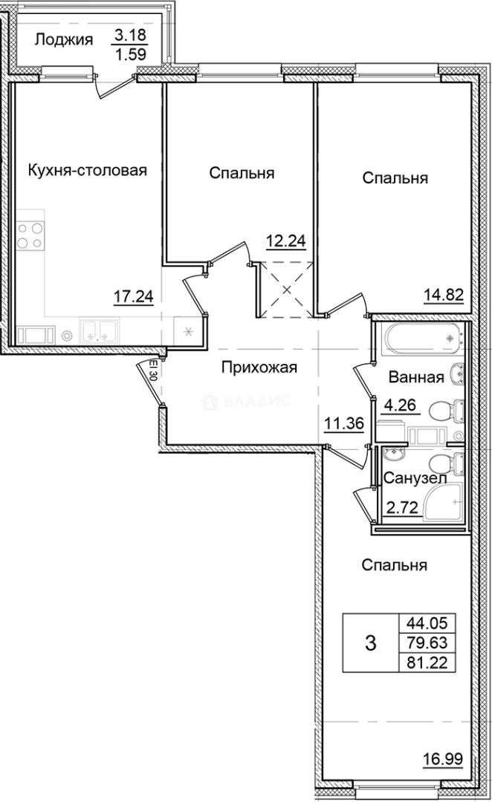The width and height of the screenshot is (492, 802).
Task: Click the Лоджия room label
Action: (63, 39)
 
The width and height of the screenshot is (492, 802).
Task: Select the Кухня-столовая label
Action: (87, 170)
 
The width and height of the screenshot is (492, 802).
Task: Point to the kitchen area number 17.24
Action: (134, 297)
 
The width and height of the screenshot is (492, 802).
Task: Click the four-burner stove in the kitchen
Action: (30, 235)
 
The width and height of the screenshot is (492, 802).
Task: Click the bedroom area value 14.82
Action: (445, 293)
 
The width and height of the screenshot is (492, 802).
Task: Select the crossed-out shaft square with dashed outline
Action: (285, 291)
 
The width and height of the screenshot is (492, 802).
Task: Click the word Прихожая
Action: (259, 367)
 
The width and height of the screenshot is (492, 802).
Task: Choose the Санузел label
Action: (415, 479)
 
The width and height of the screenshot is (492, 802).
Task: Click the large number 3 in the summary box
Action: (371, 642)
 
